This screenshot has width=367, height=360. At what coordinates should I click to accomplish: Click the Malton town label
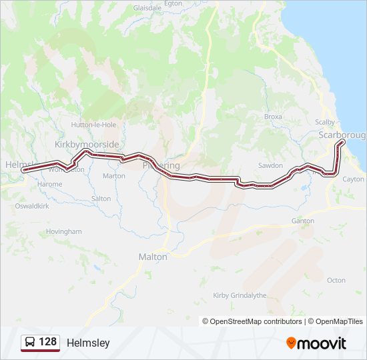(x=152, y=257)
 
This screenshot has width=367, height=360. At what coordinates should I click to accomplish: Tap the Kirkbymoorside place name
(x=86, y=144)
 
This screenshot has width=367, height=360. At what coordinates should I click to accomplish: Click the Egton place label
(x=192, y=3)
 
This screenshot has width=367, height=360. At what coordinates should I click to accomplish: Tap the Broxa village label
(x=273, y=117)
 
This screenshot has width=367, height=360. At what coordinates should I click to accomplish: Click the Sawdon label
(x=270, y=165)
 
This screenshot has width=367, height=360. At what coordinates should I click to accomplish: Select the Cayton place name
(x=353, y=179)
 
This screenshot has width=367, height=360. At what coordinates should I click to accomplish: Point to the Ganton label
(x=302, y=221)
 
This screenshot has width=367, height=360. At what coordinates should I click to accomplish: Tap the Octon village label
(x=336, y=281)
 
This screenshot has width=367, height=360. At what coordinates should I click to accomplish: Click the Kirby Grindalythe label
(x=239, y=295)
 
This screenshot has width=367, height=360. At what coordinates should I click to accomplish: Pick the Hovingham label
(x=64, y=232)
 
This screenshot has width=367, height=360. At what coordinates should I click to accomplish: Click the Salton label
(x=101, y=199)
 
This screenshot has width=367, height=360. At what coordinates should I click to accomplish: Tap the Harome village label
(x=51, y=184)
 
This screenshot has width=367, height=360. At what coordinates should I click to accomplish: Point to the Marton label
(x=114, y=176)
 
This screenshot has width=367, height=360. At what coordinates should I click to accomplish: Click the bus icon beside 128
(x=30, y=342)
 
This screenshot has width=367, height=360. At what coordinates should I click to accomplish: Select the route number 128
(x=48, y=342)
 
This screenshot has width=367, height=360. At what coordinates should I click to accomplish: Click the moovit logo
(x=316, y=343)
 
